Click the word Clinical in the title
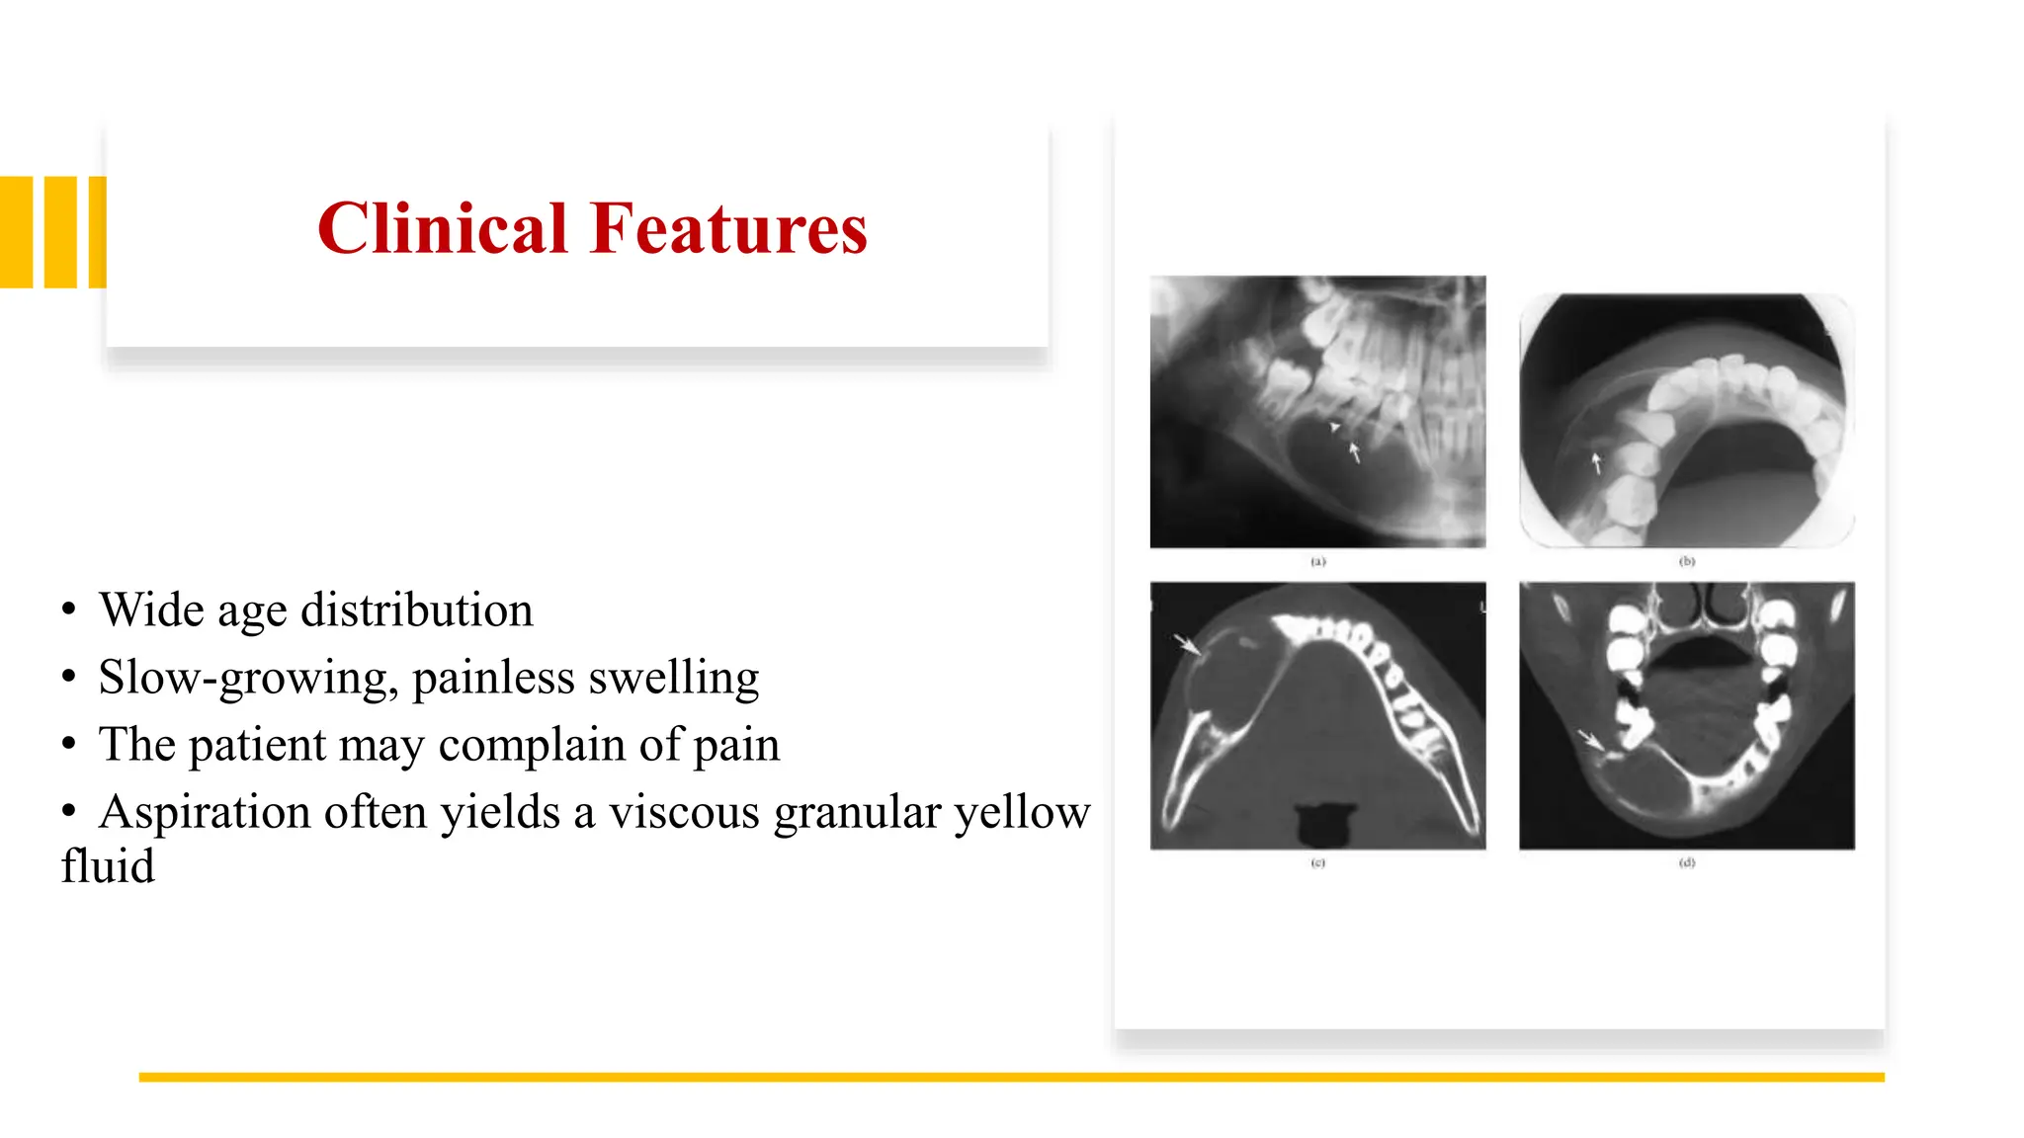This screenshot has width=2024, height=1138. tap(443, 229)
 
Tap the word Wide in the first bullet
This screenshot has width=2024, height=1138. tap(151, 610)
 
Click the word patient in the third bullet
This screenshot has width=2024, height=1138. tap(257, 745)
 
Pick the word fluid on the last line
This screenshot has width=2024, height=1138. tap(108, 866)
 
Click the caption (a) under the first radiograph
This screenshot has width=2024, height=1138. tap(1317, 561)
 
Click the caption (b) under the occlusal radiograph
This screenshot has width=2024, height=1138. tap(1687, 561)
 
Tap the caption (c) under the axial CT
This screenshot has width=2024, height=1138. tap(1317, 862)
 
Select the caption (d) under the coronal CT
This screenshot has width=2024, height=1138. tap(1687, 862)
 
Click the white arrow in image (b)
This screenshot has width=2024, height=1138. tap(1595, 462)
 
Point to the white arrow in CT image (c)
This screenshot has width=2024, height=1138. tap(1187, 645)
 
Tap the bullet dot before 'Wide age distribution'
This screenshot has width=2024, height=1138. tap(68, 610)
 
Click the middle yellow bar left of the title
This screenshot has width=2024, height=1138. tap(60, 232)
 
